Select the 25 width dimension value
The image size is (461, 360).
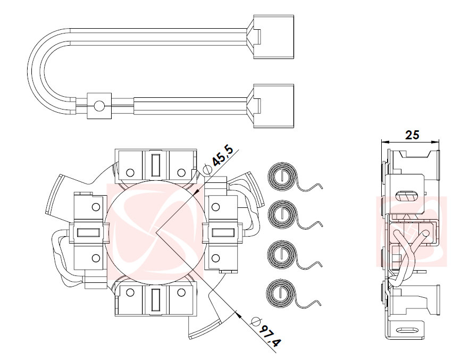tap(412, 135)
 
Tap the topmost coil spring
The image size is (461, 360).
tap(281, 177)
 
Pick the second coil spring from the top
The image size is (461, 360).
tap(281, 215)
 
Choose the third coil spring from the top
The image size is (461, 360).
tap(281, 253)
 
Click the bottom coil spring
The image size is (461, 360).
tap(280, 291)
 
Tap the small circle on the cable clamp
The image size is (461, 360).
tap(98, 107)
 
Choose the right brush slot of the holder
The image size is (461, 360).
tap(222, 232)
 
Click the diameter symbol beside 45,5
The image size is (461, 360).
tap(207, 170)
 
